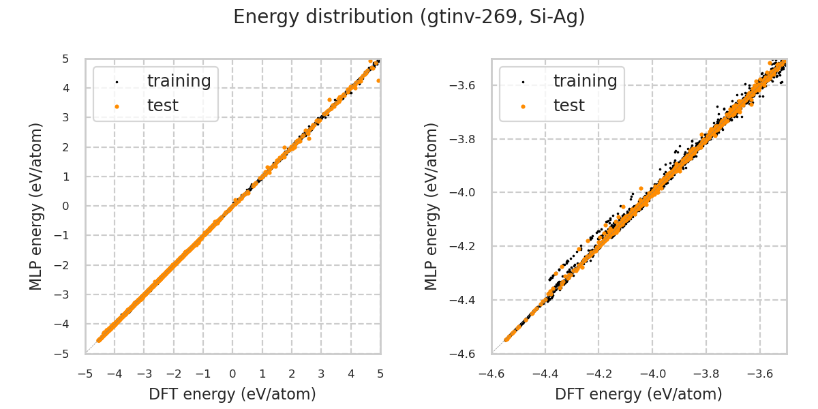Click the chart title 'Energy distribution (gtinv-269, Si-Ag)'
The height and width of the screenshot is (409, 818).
[x=409, y=17]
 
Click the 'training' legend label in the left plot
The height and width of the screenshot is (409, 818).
[x=179, y=81]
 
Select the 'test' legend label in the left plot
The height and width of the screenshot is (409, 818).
[x=162, y=106]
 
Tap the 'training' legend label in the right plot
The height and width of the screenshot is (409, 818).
[x=585, y=81]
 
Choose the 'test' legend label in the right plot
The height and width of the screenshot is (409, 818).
[x=569, y=106]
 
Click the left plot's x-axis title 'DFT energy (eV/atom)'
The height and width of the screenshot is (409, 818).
[x=232, y=394]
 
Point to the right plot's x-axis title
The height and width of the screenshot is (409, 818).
[x=639, y=394]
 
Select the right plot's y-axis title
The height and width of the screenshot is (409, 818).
[x=431, y=206]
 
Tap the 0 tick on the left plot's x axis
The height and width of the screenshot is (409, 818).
[x=232, y=374]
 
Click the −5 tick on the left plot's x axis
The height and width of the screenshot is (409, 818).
[x=85, y=374]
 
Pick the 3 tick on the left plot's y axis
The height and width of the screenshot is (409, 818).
[x=67, y=117]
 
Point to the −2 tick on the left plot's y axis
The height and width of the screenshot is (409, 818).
[x=63, y=265]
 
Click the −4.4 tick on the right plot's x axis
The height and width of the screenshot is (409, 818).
[x=545, y=374]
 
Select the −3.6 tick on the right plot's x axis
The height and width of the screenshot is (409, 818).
[x=759, y=374]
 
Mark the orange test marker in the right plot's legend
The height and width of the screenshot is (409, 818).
[x=523, y=106]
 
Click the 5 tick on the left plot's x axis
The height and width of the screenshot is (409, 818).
[x=380, y=374]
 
